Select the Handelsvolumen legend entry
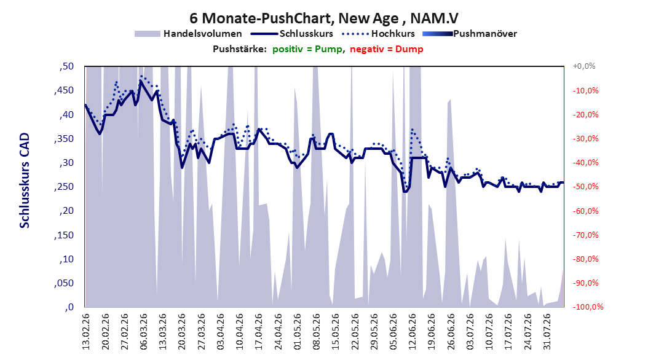(x=188, y=34)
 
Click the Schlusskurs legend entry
(x=292, y=34)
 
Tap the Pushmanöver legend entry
(x=470, y=34)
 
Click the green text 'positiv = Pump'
(x=307, y=49)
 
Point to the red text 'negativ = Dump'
(x=387, y=49)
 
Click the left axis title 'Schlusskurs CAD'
(x=25, y=181)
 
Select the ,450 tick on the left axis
(x=64, y=90)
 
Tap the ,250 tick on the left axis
(x=64, y=187)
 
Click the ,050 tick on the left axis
(x=64, y=283)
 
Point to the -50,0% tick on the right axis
(x=585, y=187)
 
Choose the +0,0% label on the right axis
(x=584, y=66)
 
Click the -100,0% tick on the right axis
(x=588, y=307)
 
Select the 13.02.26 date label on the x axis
(x=86, y=332)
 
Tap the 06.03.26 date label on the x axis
(x=143, y=332)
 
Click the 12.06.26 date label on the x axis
(x=412, y=332)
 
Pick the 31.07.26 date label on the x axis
(x=547, y=332)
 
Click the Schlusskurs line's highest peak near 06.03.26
(x=141, y=81)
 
